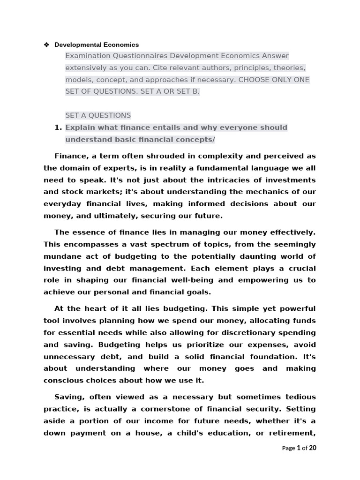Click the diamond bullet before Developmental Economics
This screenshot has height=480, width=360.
pos(46,45)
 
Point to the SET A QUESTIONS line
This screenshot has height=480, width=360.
pos(98,115)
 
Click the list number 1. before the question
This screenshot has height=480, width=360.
pos(58,127)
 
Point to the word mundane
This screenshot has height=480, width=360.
pos(62,256)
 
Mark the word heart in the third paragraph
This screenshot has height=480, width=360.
pos(94,308)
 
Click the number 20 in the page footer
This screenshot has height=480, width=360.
pos(312,448)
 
